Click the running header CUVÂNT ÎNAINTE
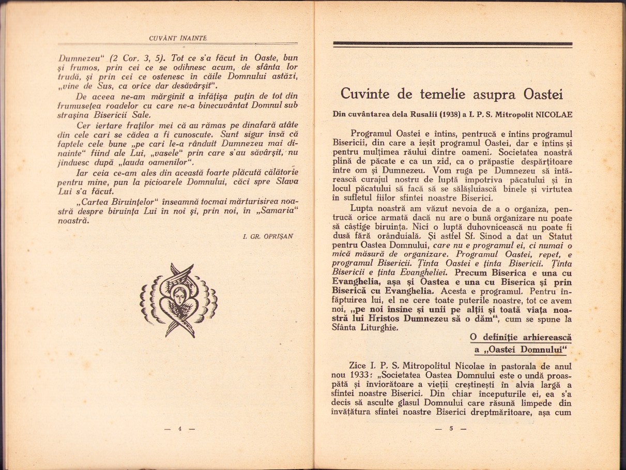(177, 38)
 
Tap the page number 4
(180, 429)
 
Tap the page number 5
(451, 429)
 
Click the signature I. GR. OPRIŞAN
(268, 236)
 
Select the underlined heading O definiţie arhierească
(521, 337)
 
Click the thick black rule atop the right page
(453, 44)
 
